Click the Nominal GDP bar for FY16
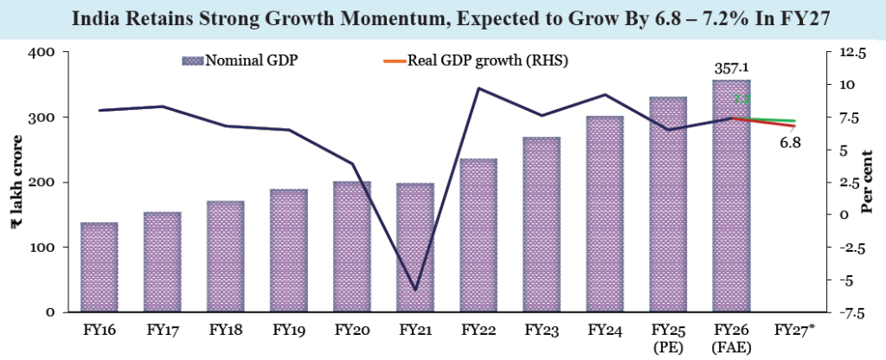(x=99, y=267)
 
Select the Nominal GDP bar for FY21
(x=414, y=247)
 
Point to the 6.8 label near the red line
(x=790, y=143)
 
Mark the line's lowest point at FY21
(x=414, y=290)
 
